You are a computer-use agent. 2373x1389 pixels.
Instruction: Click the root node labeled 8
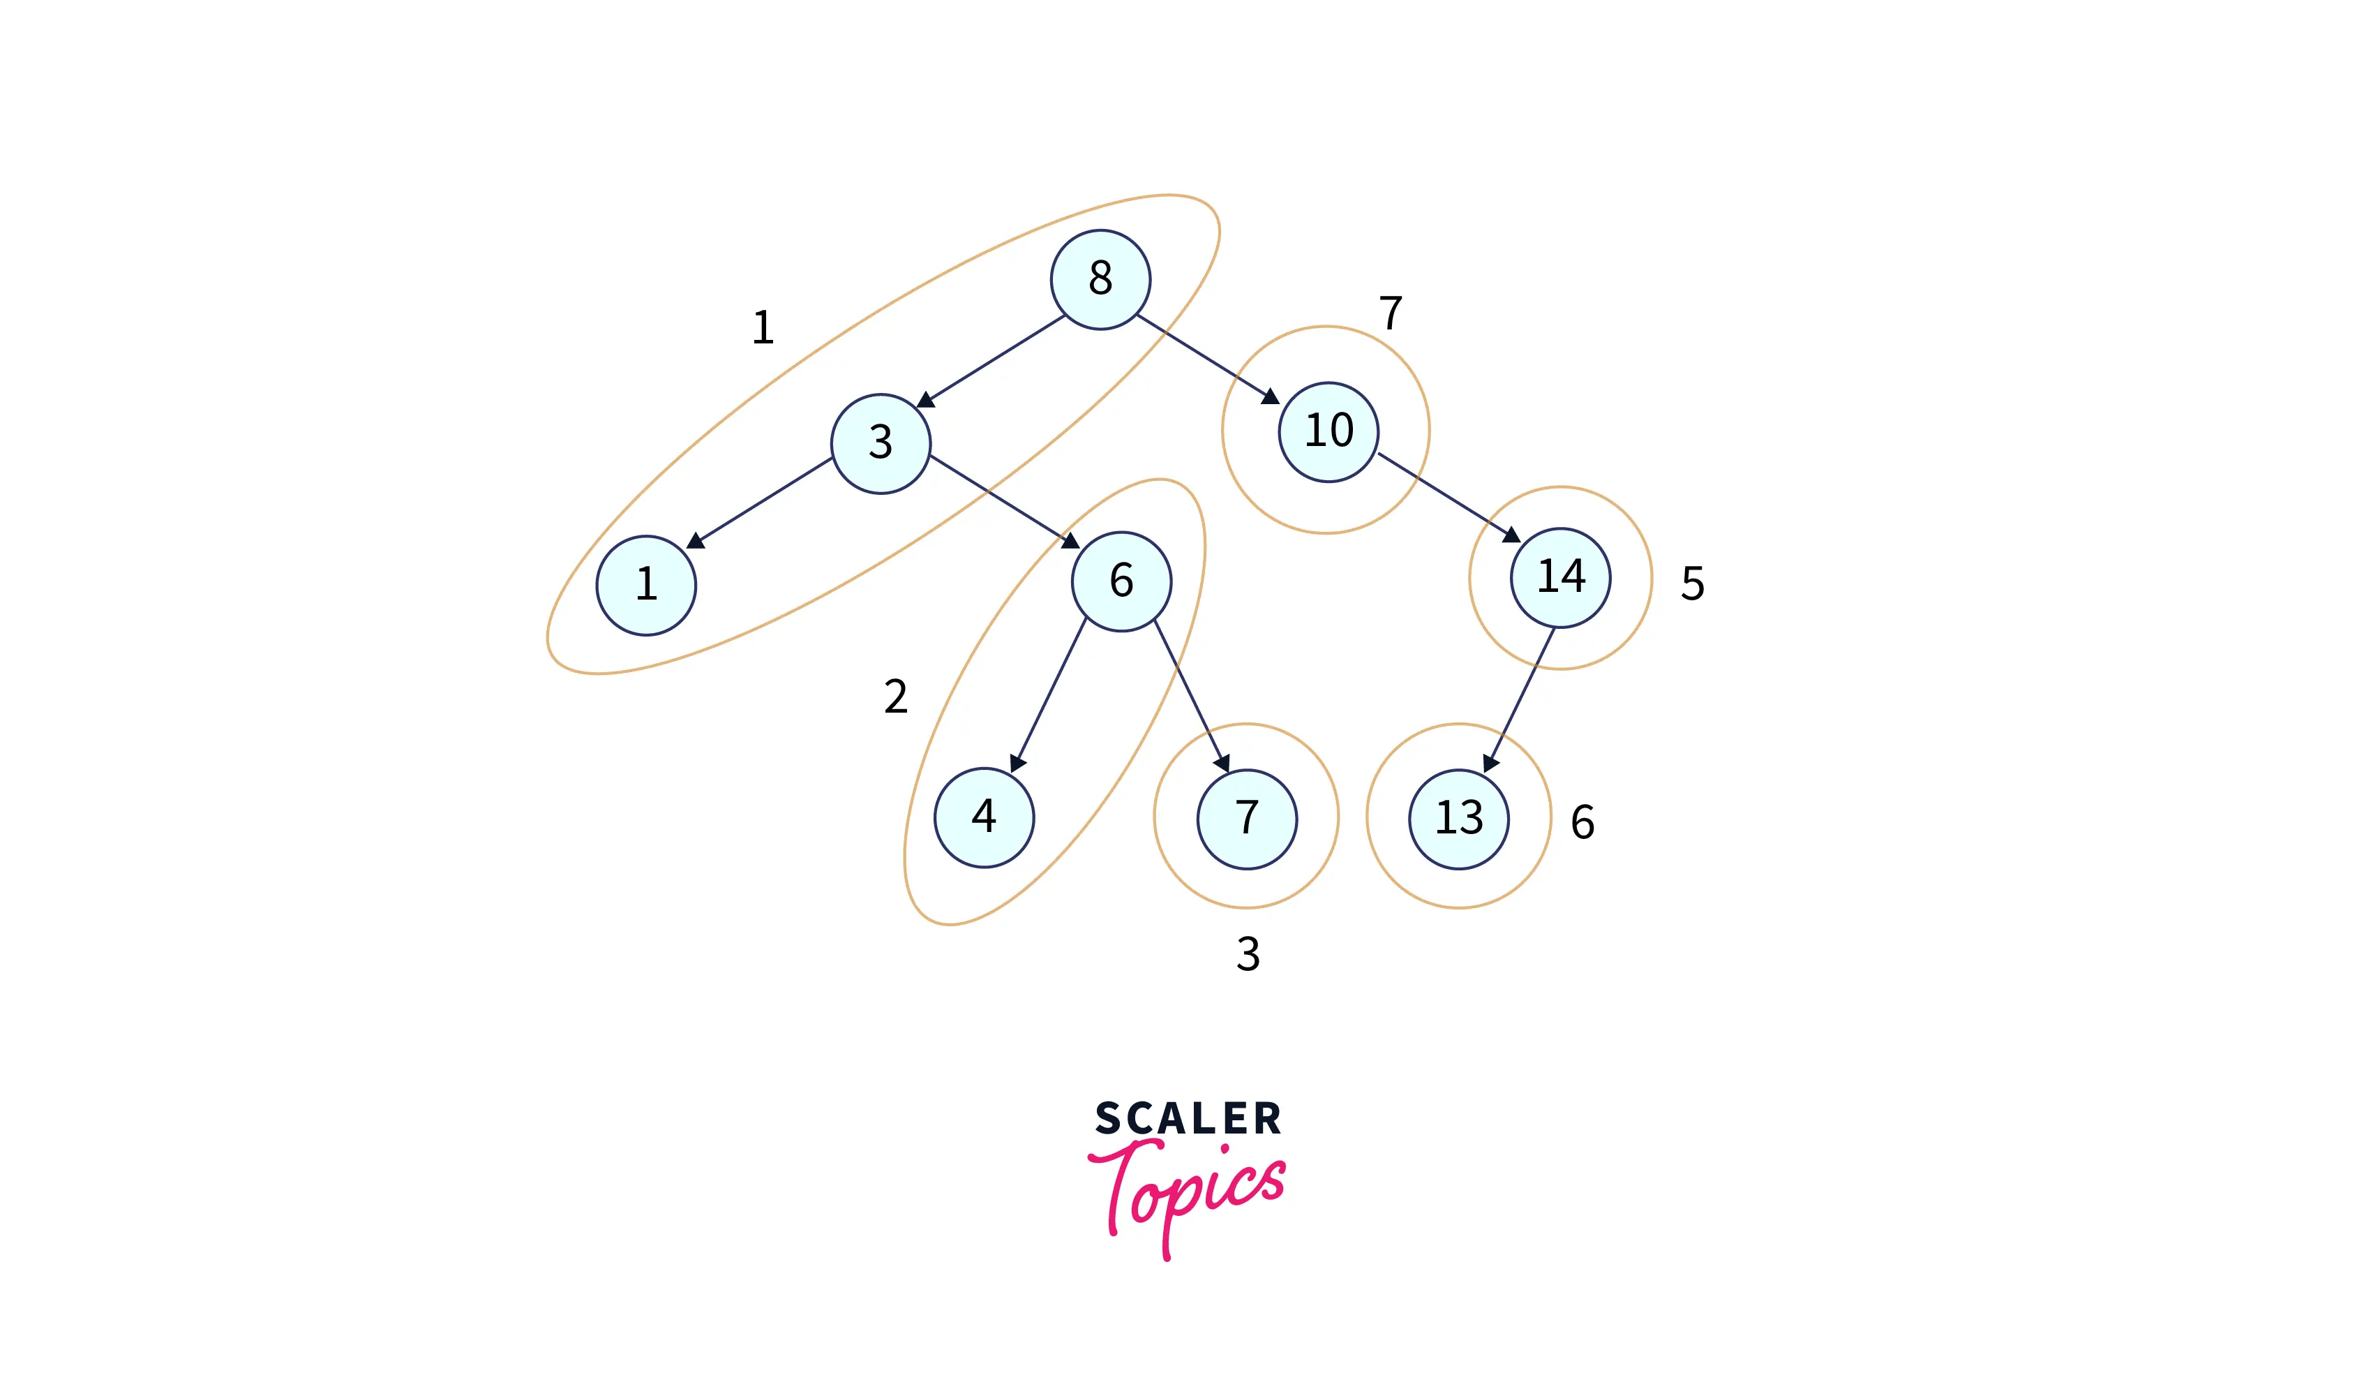(1100, 280)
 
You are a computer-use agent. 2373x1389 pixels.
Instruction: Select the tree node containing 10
(1328, 432)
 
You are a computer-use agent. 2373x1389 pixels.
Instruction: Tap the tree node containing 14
(1560, 577)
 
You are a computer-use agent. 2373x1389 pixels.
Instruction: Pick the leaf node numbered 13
(1459, 818)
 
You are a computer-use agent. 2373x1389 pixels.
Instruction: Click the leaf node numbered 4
(984, 817)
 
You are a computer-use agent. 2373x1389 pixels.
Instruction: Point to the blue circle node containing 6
(1121, 581)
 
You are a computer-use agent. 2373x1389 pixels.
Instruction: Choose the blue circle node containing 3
(881, 443)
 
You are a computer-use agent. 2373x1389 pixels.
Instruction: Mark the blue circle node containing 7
(1247, 818)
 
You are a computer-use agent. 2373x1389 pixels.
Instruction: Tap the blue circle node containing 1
(646, 585)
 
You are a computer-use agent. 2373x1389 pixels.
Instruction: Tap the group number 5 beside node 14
(1692, 584)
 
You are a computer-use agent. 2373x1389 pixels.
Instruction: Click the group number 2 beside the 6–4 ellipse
(895, 697)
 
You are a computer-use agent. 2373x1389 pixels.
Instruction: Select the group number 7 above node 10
(1390, 313)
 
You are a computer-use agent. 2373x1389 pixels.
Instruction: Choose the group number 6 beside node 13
(1582, 822)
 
